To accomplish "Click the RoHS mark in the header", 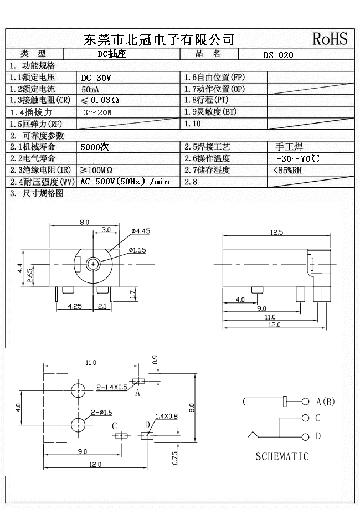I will tap(330, 39).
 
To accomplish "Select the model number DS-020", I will tap(279, 55).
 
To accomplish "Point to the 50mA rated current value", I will tap(90, 89).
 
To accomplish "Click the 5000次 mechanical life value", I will tap(95, 147).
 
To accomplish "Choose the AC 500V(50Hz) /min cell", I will tap(125, 182).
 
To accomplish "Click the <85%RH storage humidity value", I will tap(288, 171).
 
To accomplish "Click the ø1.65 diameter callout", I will tap(137, 250).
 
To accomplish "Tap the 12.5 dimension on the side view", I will tap(276, 233).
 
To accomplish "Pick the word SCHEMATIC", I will tap(282, 457).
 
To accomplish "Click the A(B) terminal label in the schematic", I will tap(325, 402).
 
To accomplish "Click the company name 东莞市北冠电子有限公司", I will tap(159, 39).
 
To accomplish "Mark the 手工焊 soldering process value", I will tap(289, 147).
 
